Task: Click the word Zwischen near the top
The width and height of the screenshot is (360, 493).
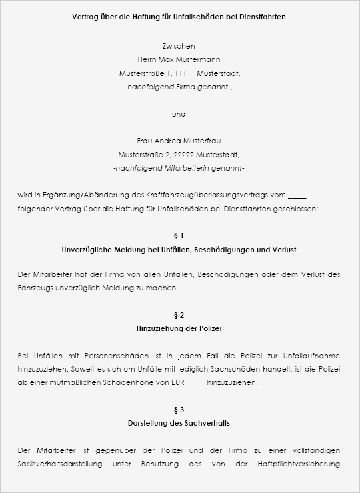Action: (x=179, y=46)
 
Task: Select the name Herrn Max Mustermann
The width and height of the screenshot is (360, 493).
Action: (x=179, y=59)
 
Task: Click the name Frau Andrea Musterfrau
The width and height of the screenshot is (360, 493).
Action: (x=179, y=141)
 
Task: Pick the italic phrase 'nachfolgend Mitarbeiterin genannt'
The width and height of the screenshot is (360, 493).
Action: (x=179, y=168)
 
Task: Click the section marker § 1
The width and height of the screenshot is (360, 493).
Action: (x=179, y=235)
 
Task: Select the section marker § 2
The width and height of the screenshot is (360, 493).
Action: (x=179, y=315)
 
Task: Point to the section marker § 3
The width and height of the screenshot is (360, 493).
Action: (x=179, y=410)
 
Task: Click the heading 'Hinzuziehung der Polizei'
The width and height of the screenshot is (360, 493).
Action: (x=179, y=329)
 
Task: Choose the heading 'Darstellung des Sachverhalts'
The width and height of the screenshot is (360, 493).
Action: (x=179, y=424)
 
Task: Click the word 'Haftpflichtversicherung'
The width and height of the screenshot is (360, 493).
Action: (x=299, y=464)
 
